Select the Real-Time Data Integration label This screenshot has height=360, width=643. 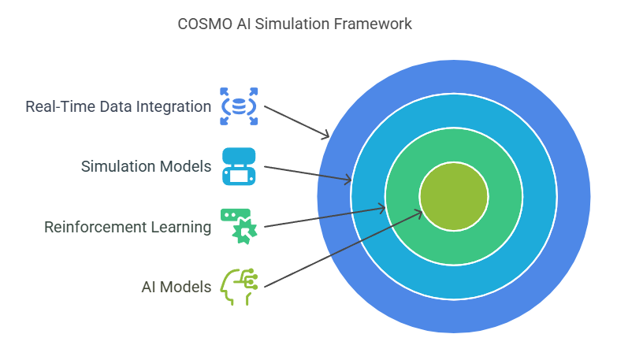(118, 106)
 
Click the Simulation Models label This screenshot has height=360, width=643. (146, 166)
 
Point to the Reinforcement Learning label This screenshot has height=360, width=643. (128, 227)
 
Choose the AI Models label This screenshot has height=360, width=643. (177, 287)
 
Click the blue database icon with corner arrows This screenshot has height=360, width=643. (239, 106)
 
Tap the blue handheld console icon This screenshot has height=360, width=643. (239, 166)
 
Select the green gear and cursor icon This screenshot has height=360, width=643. (239, 227)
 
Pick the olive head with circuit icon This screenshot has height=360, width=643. (239, 287)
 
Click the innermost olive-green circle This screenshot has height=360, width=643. (454, 196)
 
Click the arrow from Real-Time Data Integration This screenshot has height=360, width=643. (296, 122)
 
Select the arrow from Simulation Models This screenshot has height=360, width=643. (308, 173)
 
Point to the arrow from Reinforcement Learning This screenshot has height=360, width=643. (325, 217)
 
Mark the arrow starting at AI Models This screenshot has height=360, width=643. (344, 248)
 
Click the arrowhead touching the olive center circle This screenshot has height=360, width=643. (418, 213)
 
